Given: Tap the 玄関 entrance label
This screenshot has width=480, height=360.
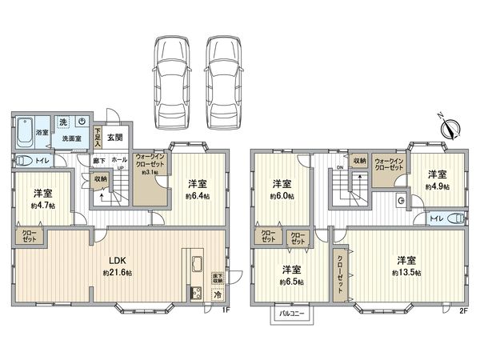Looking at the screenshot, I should [x=114, y=136].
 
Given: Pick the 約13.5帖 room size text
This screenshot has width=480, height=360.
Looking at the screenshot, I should [x=406, y=274].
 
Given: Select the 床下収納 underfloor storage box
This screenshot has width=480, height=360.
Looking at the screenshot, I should [x=217, y=278].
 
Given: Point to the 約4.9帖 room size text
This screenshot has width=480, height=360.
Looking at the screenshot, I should [x=435, y=187].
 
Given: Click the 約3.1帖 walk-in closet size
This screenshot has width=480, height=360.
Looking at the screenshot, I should [x=150, y=172].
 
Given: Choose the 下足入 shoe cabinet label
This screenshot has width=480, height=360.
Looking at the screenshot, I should [x=98, y=136].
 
